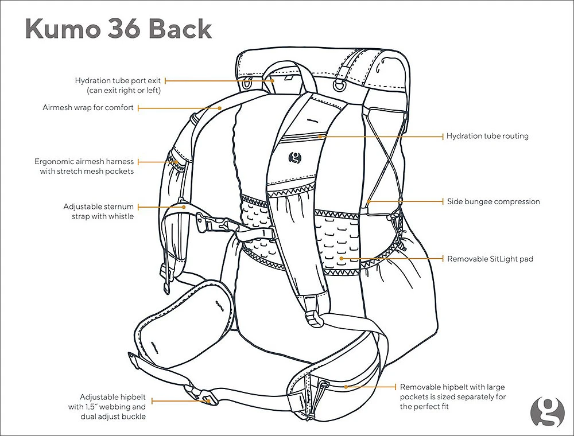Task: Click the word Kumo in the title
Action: coord(62,29)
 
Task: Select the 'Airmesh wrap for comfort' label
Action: coord(88,107)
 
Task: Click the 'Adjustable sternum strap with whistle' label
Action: coord(99,211)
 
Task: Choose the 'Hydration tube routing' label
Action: coord(487,137)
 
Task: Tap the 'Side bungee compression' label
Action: coord(493,202)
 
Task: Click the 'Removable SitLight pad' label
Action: coord(490,259)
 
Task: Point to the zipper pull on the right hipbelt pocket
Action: coord(324,385)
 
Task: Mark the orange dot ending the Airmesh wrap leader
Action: coord(220,107)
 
